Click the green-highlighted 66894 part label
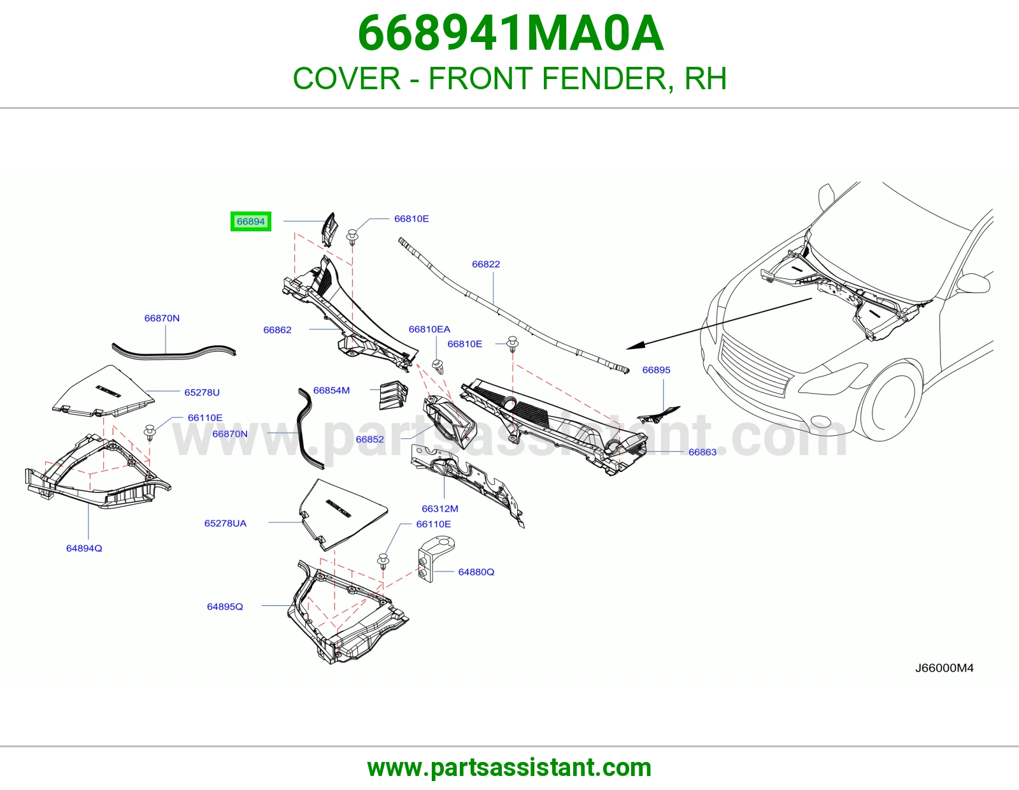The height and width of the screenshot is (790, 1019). click(x=250, y=222)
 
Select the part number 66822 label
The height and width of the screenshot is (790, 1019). click(x=486, y=264)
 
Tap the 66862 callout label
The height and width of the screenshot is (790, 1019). click(x=277, y=330)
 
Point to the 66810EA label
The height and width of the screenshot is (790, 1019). click(x=429, y=329)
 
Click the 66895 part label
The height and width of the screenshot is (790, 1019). click(x=656, y=370)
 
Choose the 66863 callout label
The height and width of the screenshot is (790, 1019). click(x=702, y=452)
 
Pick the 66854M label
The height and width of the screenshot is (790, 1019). click(x=331, y=391)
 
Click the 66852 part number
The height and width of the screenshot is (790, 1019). click(x=369, y=439)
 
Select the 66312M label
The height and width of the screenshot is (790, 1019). click(x=440, y=508)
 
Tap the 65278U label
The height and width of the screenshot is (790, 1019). click(x=202, y=392)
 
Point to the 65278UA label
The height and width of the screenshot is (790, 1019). click(x=225, y=523)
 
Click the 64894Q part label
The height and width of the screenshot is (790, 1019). click(x=84, y=548)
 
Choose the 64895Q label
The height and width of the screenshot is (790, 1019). click(x=225, y=607)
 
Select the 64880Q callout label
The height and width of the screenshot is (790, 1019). click(x=476, y=572)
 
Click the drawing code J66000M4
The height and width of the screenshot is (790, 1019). click(x=944, y=668)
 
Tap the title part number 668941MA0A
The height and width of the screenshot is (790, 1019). click(x=511, y=33)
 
